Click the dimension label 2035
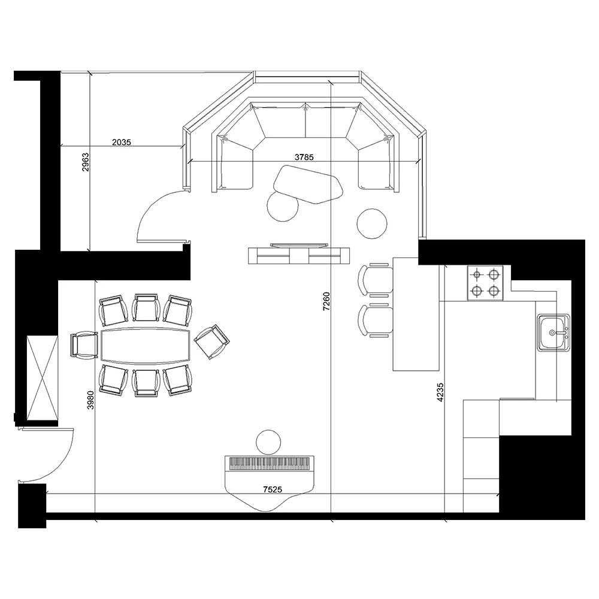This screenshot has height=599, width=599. click(122, 142)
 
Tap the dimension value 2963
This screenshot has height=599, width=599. click(85, 162)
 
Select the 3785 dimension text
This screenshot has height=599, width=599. click(304, 157)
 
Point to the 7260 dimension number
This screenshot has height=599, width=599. click(326, 301)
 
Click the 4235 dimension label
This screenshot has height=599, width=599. click(440, 392)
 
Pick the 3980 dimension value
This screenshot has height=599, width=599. click(90, 400)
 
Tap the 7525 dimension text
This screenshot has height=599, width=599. click(273, 489)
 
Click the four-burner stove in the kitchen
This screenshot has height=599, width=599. click(485, 283)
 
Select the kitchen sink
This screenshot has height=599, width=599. click(553, 332)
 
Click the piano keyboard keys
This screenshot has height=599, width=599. click(270, 464)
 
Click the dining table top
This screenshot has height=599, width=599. click(145, 346)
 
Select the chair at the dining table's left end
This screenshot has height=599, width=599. click(84, 345)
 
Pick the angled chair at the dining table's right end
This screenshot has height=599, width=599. click(212, 341)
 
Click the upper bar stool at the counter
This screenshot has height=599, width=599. click(376, 280)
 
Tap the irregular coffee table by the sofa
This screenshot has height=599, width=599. click(308, 184)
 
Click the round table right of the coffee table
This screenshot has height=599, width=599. click(372, 223)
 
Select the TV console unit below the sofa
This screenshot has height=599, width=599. click(299, 256)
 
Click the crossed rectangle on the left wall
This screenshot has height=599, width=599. click(43, 377)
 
